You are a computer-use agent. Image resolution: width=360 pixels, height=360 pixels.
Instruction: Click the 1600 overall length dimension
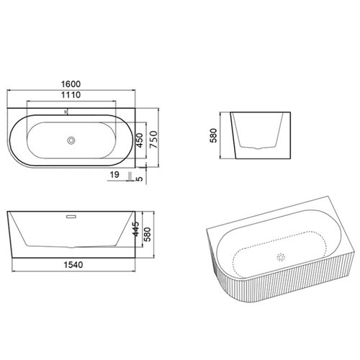pyautogui.click(x=71, y=84)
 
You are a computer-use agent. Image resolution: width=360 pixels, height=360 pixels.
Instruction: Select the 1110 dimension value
pyautogui.click(x=71, y=95)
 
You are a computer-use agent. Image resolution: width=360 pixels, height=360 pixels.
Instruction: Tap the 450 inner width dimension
pyautogui.click(x=140, y=140)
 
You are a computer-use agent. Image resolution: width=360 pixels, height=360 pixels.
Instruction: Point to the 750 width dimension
pyautogui.click(x=153, y=140)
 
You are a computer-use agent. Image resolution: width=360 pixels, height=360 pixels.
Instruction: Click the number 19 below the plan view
pyautogui.click(x=114, y=174)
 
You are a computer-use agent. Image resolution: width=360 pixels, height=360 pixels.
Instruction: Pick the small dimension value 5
pyautogui.click(x=140, y=179)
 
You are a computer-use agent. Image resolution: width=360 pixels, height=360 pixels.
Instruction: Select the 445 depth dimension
pyautogui.click(x=135, y=229)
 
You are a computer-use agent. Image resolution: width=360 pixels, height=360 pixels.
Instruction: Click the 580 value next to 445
pyautogui.click(x=147, y=234)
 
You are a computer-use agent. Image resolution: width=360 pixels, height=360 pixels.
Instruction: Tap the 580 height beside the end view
pyautogui.click(x=213, y=135)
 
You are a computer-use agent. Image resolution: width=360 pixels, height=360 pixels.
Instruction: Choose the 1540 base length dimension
pyautogui.click(x=73, y=265)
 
